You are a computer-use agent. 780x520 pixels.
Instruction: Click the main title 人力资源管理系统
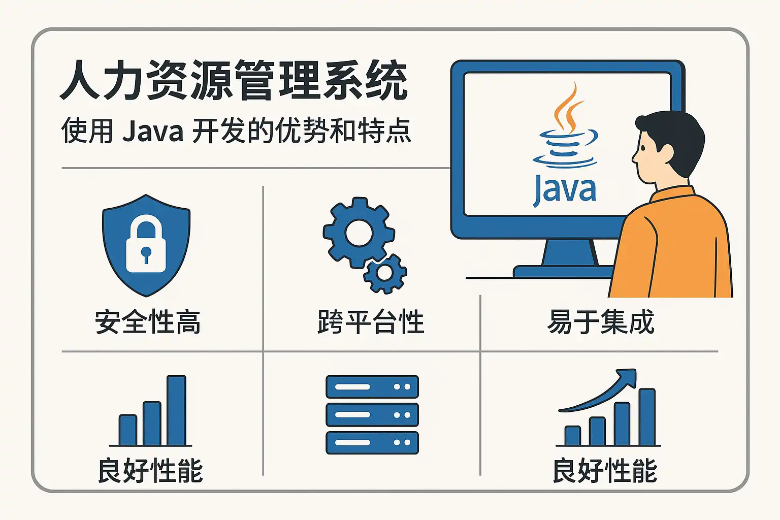tap(234, 81)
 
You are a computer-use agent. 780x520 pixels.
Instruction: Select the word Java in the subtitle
tap(152, 131)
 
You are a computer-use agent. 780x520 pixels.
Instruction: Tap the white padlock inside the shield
tap(146, 245)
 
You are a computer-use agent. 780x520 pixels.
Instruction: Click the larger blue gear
tap(359, 233)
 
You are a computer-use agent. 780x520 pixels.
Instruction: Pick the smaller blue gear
tap(385, 273)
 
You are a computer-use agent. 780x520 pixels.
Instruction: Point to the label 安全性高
tap(148, 322)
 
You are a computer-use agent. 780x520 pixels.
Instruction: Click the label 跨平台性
tap(371, 322)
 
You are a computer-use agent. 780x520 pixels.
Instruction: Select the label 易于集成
tap(601, 322)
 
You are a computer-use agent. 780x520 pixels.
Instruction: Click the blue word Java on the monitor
tap(565, 191)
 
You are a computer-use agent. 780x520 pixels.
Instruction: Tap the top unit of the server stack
tap(372, 387)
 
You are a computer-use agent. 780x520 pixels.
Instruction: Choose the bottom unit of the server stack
tap(372, 442)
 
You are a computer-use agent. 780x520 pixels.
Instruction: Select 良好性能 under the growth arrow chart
tap(604, 470)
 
